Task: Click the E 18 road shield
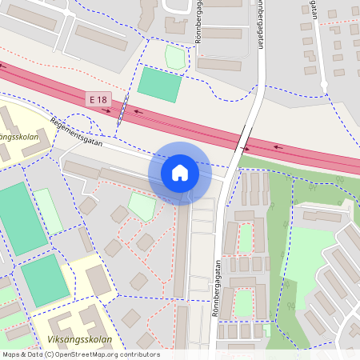point(98,99)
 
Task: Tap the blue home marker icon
point(180,172)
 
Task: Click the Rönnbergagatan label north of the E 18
point(261,24)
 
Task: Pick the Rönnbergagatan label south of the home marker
point(216,288)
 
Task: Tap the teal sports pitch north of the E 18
point(160,84)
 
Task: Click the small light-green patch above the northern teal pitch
point(175,57)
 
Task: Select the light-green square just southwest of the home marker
point(142,206)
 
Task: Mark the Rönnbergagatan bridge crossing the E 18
point(243,139)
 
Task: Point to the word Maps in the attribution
point(11,354)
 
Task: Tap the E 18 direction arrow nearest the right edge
point(278,146)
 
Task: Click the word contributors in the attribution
point(138,354)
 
